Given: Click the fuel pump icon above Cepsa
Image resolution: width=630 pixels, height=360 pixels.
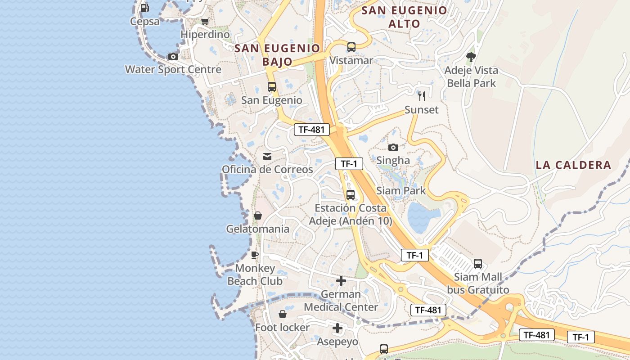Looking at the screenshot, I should tap(144, 8).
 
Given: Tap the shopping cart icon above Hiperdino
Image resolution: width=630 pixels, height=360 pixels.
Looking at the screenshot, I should tap(205, 21).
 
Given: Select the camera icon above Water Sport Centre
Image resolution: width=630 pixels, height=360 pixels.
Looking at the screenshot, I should tap(173, 56).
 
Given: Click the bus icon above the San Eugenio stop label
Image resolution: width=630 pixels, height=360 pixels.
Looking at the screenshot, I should tap(272, 87).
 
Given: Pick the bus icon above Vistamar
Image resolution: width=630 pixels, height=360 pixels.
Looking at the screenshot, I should tap(351, 47).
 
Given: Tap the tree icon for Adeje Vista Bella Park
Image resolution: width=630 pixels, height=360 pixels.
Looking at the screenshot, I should tap(471, 57).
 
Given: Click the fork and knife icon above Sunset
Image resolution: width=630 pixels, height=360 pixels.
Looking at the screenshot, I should tap(422, 96).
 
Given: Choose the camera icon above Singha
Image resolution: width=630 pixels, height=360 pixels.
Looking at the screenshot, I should tap(393, 147).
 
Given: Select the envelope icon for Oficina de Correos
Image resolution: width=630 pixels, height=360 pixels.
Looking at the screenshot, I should tap(267, 157).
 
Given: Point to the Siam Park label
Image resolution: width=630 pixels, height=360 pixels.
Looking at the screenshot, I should tap(401, 190).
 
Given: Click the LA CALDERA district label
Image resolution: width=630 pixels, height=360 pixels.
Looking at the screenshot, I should tap(573, 165).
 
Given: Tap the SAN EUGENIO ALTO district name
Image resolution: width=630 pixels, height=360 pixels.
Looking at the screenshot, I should tap(405, 17).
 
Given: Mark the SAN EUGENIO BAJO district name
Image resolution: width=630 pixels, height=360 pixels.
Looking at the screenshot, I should tap(277, 54).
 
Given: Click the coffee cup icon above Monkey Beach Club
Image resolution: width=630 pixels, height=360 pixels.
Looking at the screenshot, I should tap(255, 255).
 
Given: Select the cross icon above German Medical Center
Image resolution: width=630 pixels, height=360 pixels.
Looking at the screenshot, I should tap(341, 281).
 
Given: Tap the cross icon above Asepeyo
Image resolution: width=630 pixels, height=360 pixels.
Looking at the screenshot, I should tap(337, 328).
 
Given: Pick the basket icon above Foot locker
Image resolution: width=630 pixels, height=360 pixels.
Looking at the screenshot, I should tap(283, 314).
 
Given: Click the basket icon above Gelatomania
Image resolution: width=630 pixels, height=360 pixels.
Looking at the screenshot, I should tap(258, 216).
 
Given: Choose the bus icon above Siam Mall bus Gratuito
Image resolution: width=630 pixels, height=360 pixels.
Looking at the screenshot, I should tap(478, 263).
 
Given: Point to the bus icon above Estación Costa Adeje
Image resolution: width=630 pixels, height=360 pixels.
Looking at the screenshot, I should tap(351, 195).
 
